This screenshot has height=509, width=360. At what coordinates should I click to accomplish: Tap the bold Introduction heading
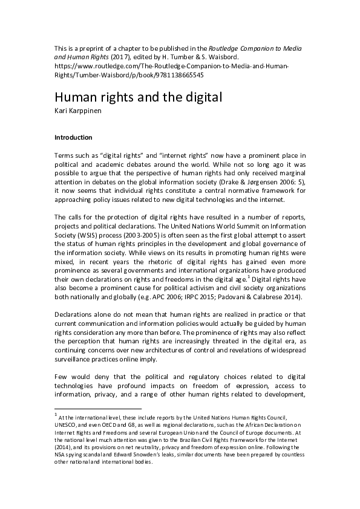point(73,137)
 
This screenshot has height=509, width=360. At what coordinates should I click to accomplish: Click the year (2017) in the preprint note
point(136,57)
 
